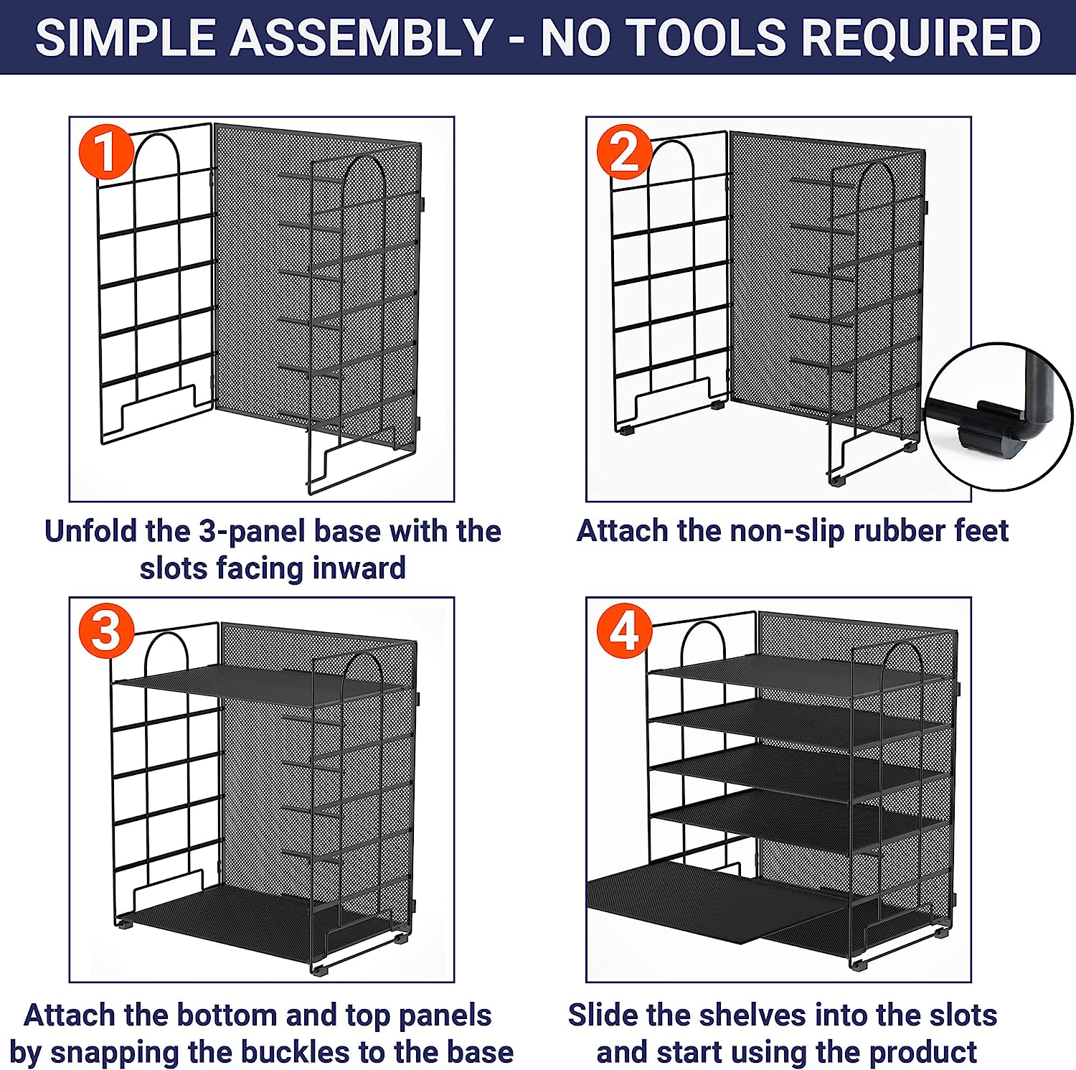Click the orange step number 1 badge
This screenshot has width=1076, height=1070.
point(106,153)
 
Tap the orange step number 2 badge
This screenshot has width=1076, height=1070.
point(624,153)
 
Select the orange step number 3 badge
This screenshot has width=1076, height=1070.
point(106,632)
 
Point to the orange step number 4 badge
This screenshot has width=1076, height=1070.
point(624,632)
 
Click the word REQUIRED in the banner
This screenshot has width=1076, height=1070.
point(921,37)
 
